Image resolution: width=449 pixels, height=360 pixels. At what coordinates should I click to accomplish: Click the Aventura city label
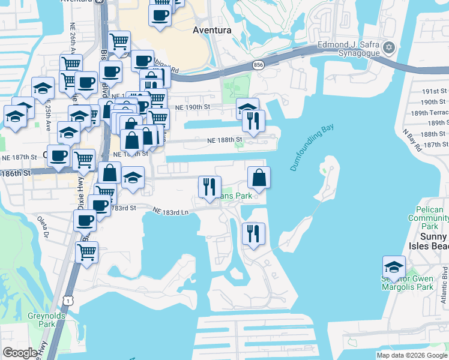[x=212, y=30]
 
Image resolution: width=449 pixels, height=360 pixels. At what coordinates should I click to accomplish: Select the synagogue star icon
[x=389, y=47]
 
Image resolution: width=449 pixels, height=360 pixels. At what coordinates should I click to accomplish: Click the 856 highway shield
[x=258, y=65]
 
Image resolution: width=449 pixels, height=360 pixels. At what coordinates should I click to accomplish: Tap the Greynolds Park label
[x=42, y=320]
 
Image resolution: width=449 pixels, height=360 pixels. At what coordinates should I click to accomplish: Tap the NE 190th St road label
[x=192, y=107]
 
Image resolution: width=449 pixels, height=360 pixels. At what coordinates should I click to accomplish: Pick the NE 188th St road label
[x=224, y=140]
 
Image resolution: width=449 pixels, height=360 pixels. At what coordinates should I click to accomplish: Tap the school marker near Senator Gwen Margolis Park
[x=394, y=267]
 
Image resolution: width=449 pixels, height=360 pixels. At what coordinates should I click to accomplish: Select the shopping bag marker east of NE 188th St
[x=259, y=177]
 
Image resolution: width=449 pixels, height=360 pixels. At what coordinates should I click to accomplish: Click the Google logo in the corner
[x=20, y=353]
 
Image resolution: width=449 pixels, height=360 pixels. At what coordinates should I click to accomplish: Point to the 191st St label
[x=435, y=91]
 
